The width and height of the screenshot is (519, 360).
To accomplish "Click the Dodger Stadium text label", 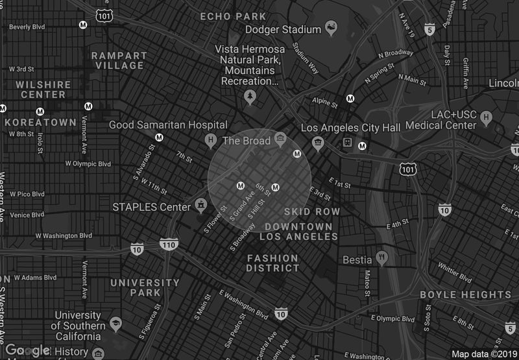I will click(x=283, y=30).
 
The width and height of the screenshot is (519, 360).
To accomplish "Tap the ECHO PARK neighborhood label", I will click(x=232, y=16).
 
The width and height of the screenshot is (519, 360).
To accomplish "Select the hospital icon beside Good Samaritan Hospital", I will click(x=210, y=139).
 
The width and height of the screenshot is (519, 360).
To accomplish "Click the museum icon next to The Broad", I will click(x=280, y=139).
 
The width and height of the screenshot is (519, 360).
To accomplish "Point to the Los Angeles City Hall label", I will click(x=351, y=128).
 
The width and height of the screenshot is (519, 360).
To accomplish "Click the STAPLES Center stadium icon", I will click(x=201, y=206).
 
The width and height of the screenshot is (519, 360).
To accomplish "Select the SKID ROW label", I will click(x=312, y=212).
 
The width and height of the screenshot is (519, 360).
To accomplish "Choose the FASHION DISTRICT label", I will click(x=272, y=263).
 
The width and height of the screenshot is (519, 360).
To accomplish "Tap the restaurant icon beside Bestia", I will click(x=381, y=258).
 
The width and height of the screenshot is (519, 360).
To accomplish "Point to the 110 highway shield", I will click(x=168, y=245).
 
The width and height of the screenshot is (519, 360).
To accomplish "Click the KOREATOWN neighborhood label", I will click(x=40, y=122).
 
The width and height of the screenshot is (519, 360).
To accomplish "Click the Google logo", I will click(x=27, y=350).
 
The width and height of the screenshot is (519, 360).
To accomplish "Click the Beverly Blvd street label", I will click(x=27, y=27).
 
